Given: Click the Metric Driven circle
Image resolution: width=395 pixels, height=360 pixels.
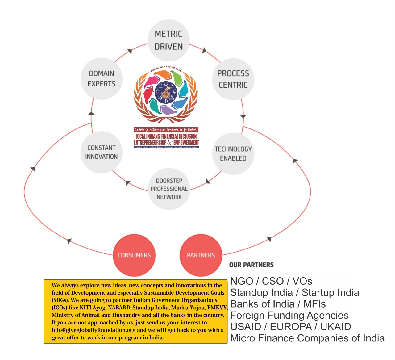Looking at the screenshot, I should pos(168,40).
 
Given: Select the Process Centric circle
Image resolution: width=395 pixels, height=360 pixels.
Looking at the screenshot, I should pos(233,79).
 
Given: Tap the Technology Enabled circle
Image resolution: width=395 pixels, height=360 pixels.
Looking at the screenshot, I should pos(233,153).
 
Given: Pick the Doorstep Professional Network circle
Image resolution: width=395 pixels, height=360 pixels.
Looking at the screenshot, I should pos(169,189).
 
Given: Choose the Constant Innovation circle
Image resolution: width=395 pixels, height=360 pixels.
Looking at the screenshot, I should pos(102,152).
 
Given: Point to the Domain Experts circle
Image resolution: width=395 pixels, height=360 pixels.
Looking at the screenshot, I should pos(102,78).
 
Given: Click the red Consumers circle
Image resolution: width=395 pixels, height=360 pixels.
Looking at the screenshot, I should pos(134,255).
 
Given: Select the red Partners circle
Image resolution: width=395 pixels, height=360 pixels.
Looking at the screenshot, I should pos(201,255).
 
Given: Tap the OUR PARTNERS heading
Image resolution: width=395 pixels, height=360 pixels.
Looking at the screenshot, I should pos(251,265).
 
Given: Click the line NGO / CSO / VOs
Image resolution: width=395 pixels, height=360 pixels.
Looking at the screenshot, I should pos(271,281).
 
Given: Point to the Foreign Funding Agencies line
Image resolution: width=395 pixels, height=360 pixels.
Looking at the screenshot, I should pos(289,315).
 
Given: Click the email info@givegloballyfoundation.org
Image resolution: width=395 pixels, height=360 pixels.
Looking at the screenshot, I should pos(94,330).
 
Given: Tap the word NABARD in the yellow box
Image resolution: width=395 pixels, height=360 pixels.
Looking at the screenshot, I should pos(119,308).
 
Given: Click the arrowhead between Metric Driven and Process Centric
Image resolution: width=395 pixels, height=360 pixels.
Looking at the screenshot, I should pos(204,50).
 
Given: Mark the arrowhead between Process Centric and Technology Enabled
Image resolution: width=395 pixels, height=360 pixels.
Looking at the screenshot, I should pos(243,116).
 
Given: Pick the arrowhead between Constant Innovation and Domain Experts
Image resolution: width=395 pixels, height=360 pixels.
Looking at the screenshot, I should pos(91,113).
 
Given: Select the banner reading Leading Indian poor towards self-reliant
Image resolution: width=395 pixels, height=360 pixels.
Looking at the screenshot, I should pos(166,129).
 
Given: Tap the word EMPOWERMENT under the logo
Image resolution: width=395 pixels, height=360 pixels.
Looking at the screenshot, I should pos(186,143).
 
